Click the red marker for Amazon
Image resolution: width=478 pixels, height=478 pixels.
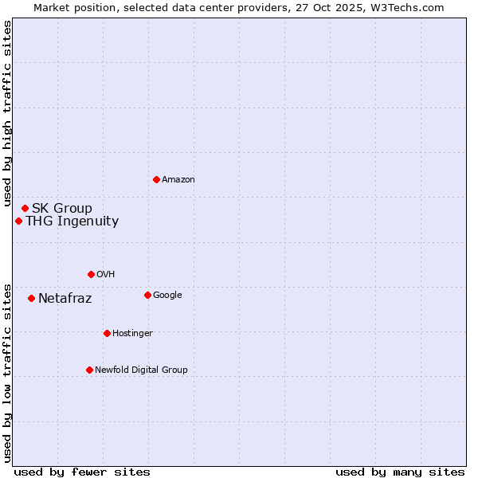pyautogui.click(x=156, y=179)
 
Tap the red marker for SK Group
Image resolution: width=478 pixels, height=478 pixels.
pyautogui.click(x=25, y=208)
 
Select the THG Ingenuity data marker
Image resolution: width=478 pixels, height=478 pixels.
pyautogui.click(x=18, y=221)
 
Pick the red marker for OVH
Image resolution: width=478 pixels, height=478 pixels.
pyautogui.click(x=91, y=274)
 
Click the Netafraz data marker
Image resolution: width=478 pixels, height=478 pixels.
pyautogui.click(x=31, y=298)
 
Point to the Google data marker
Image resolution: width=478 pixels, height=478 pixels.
pyautogui.click(x=147, y=295)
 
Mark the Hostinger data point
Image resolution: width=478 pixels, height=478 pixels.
pyautogui.click(x=107, y=333)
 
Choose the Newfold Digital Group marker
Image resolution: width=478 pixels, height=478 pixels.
pyautogui.click(x=89, y=370)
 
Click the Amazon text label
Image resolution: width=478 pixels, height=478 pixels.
pyautogui.click(x=178, y=180)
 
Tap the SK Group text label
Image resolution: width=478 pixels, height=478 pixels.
pyautogui.click(x=62, y=209)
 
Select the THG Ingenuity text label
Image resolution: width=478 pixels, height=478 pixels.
pyautogui.click(x=72, y=221)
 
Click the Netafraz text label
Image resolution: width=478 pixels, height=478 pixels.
pyautogui.click(x=65, y=299)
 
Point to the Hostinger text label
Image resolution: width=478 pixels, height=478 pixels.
pyautogui.click(x=132, y=333)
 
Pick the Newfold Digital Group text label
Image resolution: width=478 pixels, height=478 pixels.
pyautogui.click(x=141, y=370)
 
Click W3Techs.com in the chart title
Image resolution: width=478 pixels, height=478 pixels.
pyautogui.click(x=410, y=7)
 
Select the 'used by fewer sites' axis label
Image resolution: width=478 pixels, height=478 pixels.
pyautogui.click(x=82, y=472)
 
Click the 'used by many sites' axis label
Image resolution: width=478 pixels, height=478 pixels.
pyautogui.click(x=400, y=472)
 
